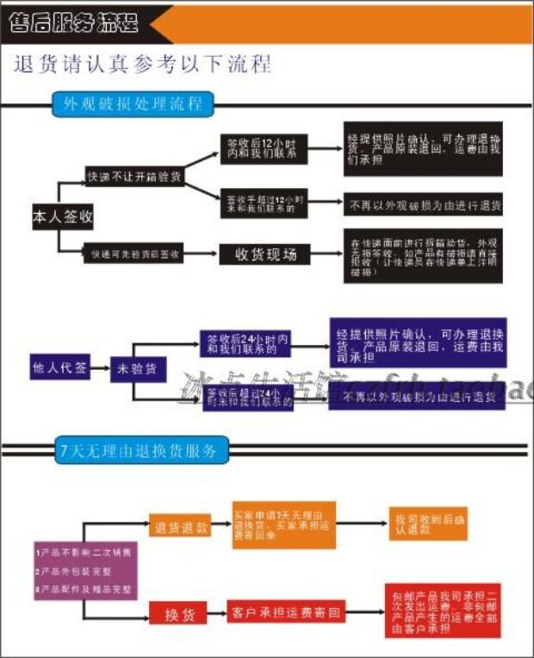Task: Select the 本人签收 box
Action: point(62,217)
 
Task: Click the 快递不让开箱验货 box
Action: point(134,177)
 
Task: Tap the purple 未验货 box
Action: point(136,369)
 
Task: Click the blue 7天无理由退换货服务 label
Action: point(140,450)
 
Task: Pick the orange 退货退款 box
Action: point(180,528)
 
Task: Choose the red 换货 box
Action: point(180,614)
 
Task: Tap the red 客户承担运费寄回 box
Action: point(286,614)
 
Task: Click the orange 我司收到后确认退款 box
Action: point(428,524)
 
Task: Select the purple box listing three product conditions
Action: point(84,571)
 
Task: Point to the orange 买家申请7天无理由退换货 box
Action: point(283,524)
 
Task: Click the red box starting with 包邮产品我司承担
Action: point(442,611)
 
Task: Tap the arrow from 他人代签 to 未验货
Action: point(98,367)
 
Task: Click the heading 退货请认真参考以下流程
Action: point(143,66)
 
